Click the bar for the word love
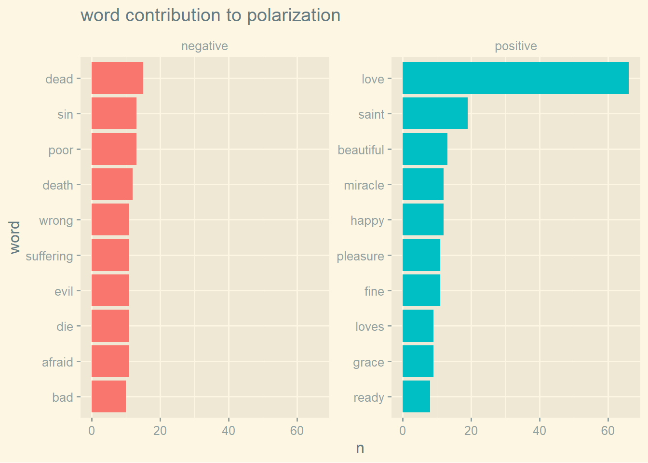pos(515,78)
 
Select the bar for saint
pos(435,113)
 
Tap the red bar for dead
pos(117,78)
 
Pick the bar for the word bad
pos(108,396)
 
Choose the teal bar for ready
pos(416,396)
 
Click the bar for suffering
pos(110,255)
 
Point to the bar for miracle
pos(423,184)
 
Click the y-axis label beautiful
pos(361,150)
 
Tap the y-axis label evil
pos(64,291)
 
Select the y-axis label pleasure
pos(360,256)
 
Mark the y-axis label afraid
pos(57,362)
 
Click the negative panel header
pos(204,46)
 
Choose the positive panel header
pos(515,46)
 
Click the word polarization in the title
pos(294,15)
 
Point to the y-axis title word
pos(15,237)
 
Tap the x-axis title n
pos(360,448)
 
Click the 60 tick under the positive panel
pos(608,431)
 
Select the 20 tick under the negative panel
pos(160,431)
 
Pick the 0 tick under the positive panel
pos(403,431)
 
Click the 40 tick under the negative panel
pos(229,431)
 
